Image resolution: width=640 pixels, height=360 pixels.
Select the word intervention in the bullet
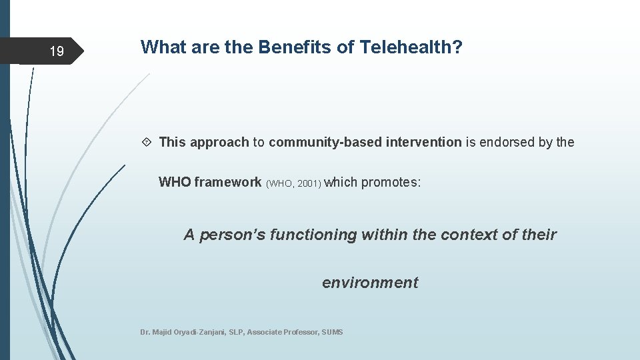tap(423, 142)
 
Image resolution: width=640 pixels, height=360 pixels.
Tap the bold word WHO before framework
tap(175, 182)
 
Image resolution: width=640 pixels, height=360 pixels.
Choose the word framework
tap(228, 182)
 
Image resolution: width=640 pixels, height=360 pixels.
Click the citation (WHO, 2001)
tap(294, 183)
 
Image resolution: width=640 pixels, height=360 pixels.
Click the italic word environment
tap(370, 283)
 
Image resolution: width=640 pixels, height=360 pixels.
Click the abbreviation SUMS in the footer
tap(332, 332)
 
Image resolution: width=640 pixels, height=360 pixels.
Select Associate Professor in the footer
tap(283, 332)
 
